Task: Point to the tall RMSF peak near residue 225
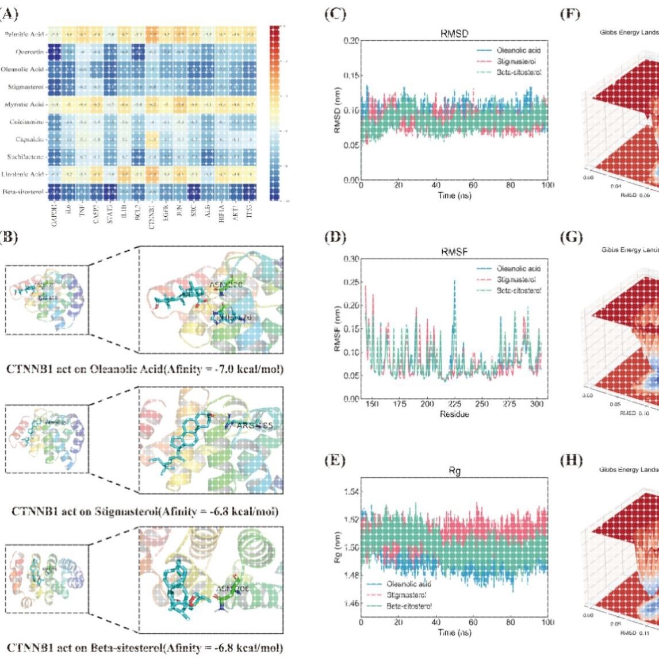tap(454, 281)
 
